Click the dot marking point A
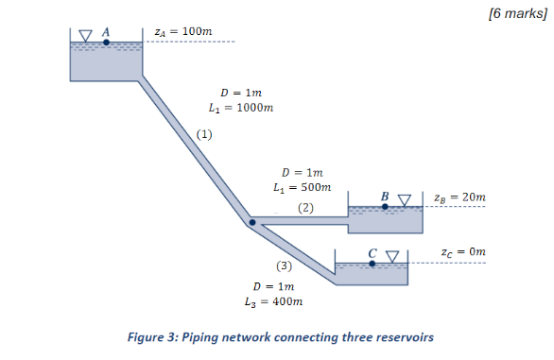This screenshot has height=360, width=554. pos(106,42)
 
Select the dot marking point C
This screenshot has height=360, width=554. pos(372,264)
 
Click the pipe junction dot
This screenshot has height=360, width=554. pos(251,223)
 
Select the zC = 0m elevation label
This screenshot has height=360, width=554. pos(463,252)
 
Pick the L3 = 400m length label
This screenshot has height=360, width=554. pos(273,301)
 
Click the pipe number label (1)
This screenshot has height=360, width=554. pos(204,134)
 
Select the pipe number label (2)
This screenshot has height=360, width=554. pos(305,206)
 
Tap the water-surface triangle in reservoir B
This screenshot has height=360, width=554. pos(405,200)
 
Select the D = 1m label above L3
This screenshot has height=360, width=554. pos(272,285)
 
